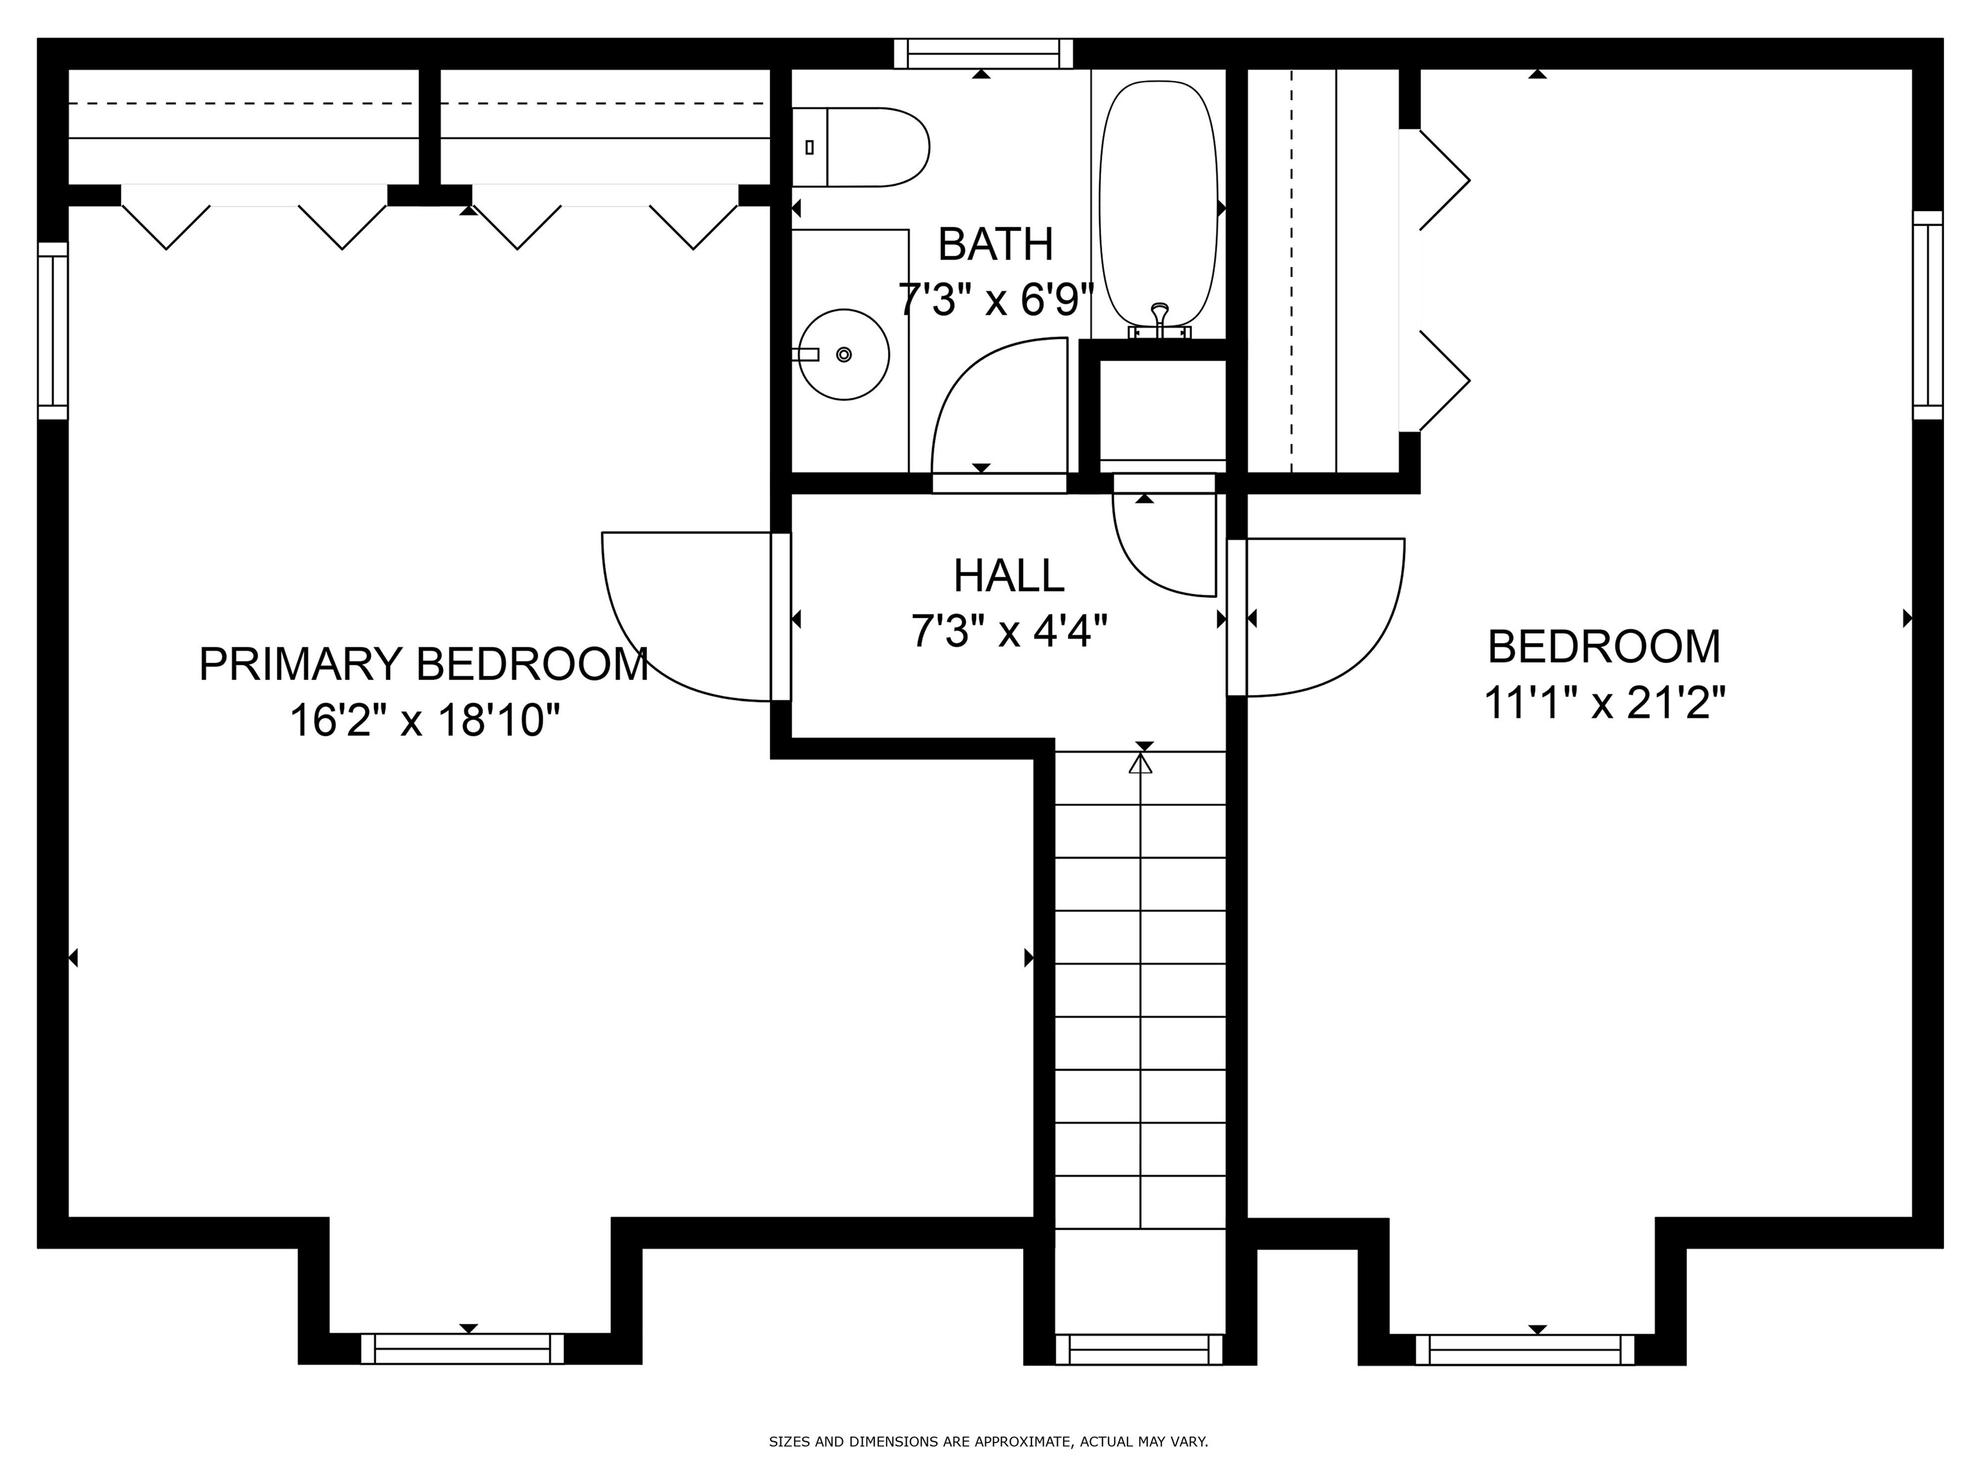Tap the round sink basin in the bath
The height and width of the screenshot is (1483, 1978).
tap(843, 355)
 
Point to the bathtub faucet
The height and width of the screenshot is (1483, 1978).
tap(1160, 317)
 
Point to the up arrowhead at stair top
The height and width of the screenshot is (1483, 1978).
tap(1140, 763)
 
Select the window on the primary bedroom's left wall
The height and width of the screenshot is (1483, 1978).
tap(53, 331)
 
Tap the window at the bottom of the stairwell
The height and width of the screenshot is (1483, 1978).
tap(1139, 1349)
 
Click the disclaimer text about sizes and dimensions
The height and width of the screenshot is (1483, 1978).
tap(988, 1442)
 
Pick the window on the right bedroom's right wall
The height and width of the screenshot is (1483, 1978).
tap(1927, 315)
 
